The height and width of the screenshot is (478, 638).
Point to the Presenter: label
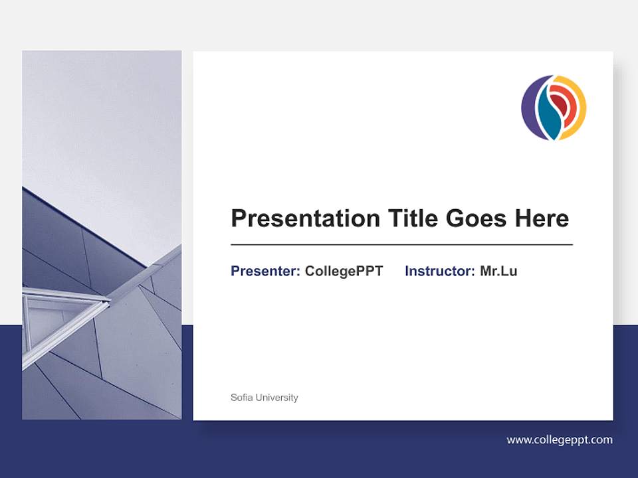pyautogui.click(x=265, y=271)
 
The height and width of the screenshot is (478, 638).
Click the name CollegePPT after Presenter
pyautogui.click(x=344, y=271)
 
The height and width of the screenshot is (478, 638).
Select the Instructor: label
pyautogui.click(x=439, y=271)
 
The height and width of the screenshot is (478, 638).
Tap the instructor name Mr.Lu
pyautogui.click(x=498, y=271)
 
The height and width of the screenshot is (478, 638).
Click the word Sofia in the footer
pyautogui.click(x=242, y=398)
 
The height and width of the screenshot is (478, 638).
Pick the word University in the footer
pyautogui.click(x=277, y=398)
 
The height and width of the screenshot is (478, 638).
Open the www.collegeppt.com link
pyautogui.click(x=559, y=439)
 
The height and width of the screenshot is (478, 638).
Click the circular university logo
pyautogui.click(x=554, y=108)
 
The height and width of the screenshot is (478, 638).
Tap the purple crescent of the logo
pyautogui.click(x=530, y=110)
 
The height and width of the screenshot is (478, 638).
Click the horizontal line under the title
pyautogui.click(x=401, y=245)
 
